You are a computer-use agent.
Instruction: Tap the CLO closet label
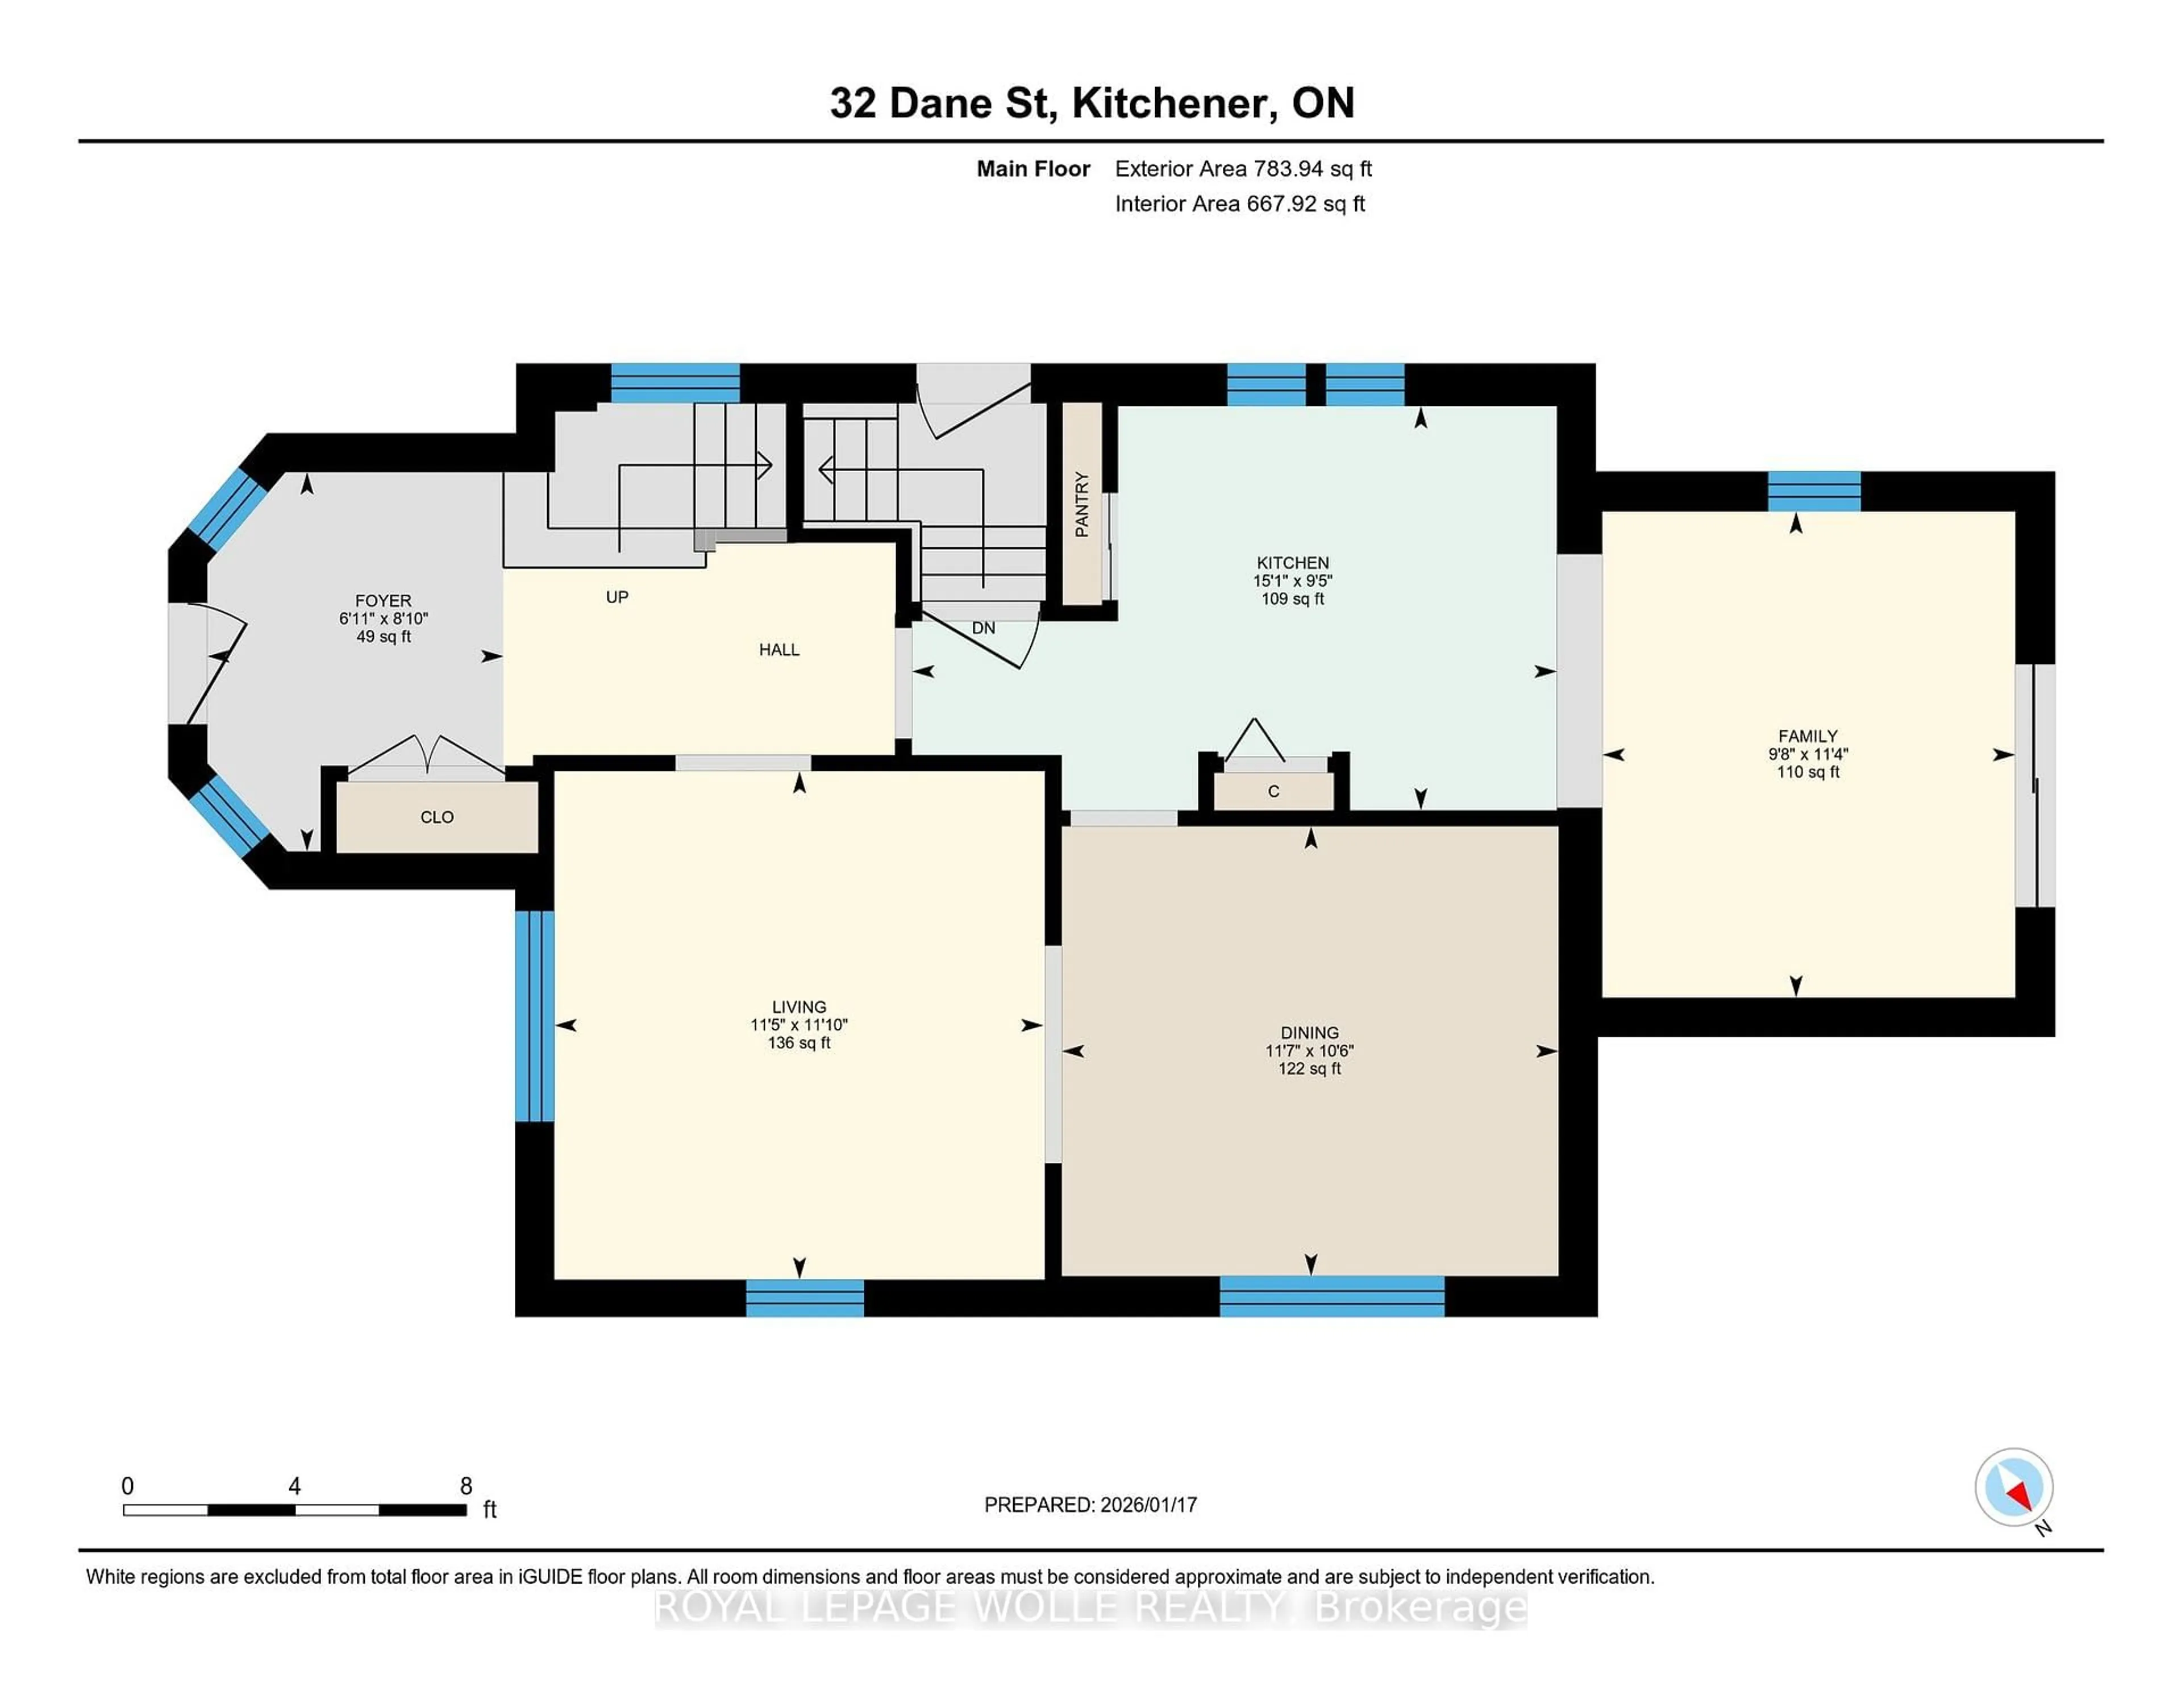[436, 817]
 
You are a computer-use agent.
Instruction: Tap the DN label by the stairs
[983, 628]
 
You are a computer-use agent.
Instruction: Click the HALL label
[778, 650]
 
